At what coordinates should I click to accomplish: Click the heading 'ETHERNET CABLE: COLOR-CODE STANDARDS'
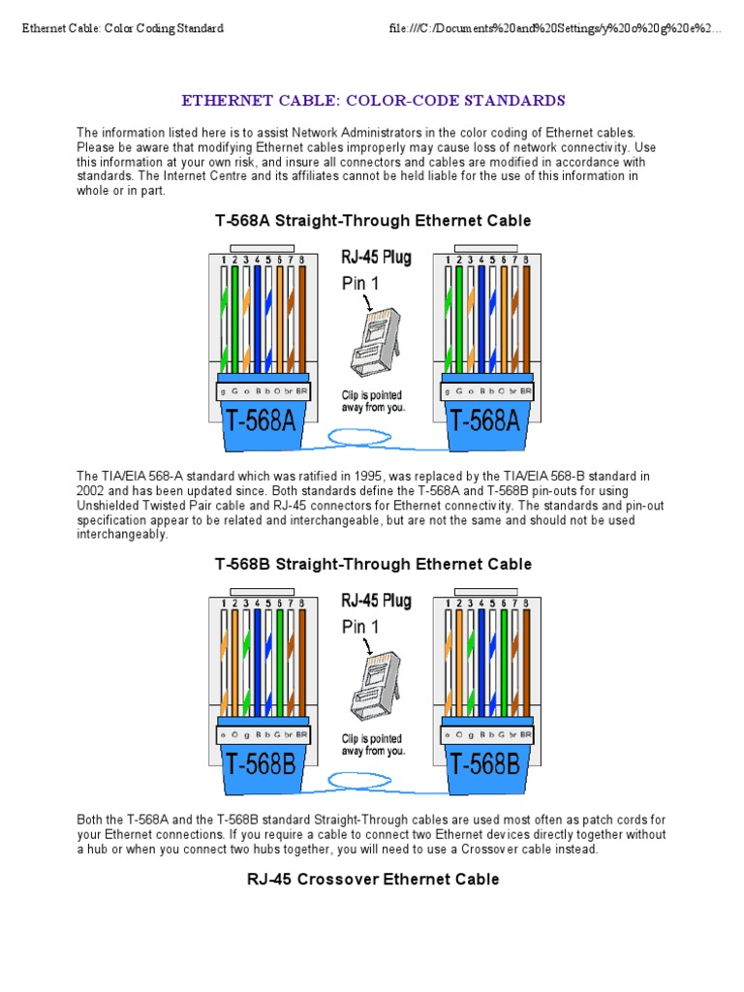click(x=373, y=101)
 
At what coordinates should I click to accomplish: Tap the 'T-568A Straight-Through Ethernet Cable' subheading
click(x=373, y=221)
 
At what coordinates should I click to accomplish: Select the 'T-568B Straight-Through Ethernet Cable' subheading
click(x=373, y=564)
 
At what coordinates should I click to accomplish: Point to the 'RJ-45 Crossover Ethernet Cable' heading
click(x=373, y=880)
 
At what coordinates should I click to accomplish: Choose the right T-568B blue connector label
click(x=487, y=765)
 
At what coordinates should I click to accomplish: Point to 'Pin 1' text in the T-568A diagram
click(x=360, y=284)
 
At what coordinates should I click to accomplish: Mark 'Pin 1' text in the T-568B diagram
click(x=360, y=627)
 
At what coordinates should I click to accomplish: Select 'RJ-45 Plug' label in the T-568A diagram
click(x=376, y=258)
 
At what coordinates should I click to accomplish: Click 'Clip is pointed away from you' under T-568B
click(x=373, y=744)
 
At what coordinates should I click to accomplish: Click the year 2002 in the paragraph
click(x=90, y=492)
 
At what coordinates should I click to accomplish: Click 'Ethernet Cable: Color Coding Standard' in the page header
click(x=123, y=28)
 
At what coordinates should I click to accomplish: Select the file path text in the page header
click(x=555, y=28)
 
